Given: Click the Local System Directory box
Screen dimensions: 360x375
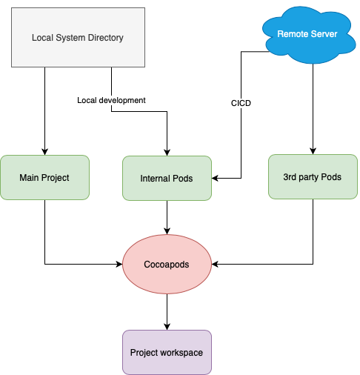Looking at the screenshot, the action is coord(78,37).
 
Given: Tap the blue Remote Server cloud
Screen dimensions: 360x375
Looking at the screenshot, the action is coord(309,35).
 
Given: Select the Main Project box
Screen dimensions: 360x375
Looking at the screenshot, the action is coord(44,177).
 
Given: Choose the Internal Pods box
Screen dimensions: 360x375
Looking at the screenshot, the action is coord(167,178).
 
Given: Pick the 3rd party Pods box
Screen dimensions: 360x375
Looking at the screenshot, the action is coord(313,176).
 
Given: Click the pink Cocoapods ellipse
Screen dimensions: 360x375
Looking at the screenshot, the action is coord(167,264).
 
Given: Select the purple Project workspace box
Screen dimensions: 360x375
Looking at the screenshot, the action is coord(167,352).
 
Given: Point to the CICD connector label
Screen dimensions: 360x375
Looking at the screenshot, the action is coord(241,103).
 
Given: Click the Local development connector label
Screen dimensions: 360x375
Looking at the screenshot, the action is coord(111,100).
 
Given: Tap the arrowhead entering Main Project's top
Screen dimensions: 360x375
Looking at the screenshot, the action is coord(44,152).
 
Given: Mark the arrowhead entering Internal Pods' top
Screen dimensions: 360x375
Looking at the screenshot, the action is coord(167,153).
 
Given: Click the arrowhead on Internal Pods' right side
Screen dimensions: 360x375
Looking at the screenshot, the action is coord(215,178).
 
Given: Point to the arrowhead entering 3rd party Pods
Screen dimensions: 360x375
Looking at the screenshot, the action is coord(313,151).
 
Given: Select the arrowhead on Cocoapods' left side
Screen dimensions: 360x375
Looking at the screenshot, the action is coord(119,264).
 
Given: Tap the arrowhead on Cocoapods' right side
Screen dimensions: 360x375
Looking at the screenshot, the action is coord(215,264).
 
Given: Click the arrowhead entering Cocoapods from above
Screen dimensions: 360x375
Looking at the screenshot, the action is coord(167,231).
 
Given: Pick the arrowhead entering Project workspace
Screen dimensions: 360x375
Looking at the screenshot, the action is coord(167,327).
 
